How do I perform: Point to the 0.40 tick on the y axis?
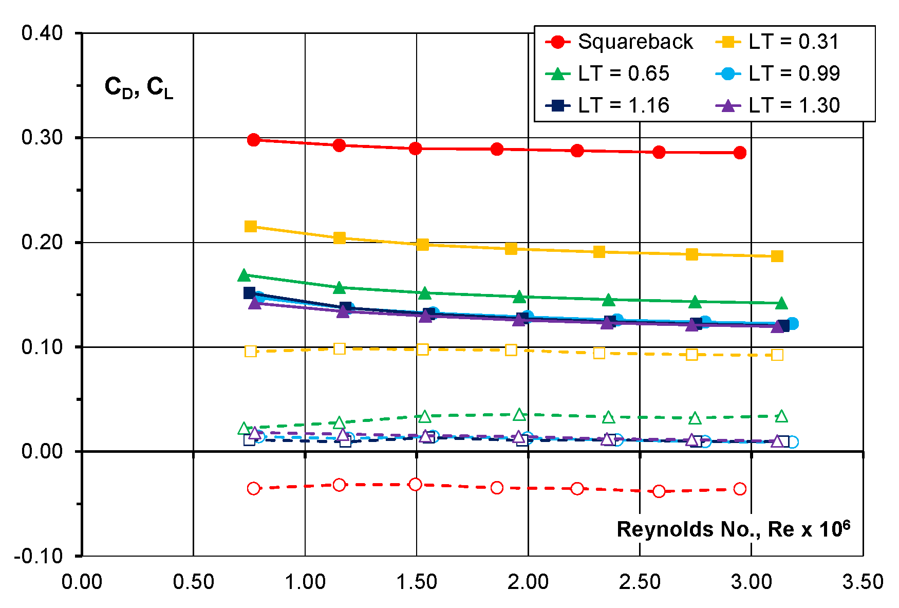(42, 33)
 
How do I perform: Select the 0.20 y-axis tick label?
(42, 242)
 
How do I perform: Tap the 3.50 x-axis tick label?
(863, 582)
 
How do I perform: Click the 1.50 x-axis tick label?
(417, 582)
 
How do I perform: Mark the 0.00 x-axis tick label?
(82, 582)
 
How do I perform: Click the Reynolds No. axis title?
(733, 529)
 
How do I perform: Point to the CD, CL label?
(139, 87)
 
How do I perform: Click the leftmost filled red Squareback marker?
(253, 140)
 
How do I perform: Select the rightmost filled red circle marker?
(740, 153)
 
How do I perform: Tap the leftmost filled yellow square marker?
(251, 226)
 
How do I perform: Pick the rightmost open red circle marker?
(740, 489)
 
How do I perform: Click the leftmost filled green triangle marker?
(244, 275)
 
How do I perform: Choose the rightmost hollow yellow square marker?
(777, 355)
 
